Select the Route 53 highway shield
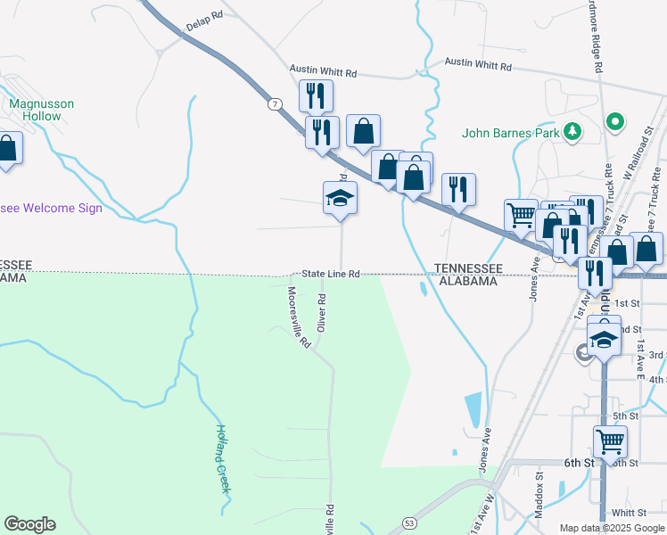409,522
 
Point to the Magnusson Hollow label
41,110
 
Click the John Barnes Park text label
511,134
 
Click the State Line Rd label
330,274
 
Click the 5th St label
626,416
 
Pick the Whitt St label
630,513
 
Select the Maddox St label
539,489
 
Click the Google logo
29,524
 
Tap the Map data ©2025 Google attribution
611,528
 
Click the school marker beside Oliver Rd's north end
340,197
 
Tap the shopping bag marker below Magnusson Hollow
7,149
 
